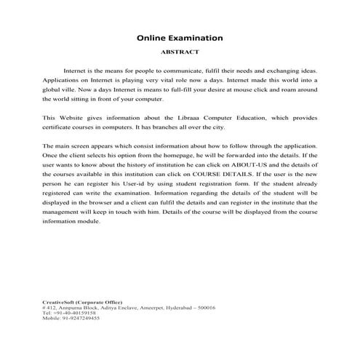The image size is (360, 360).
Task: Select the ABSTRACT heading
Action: click(x=180, y=52)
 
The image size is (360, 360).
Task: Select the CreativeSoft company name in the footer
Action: click(x=60, y=303)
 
